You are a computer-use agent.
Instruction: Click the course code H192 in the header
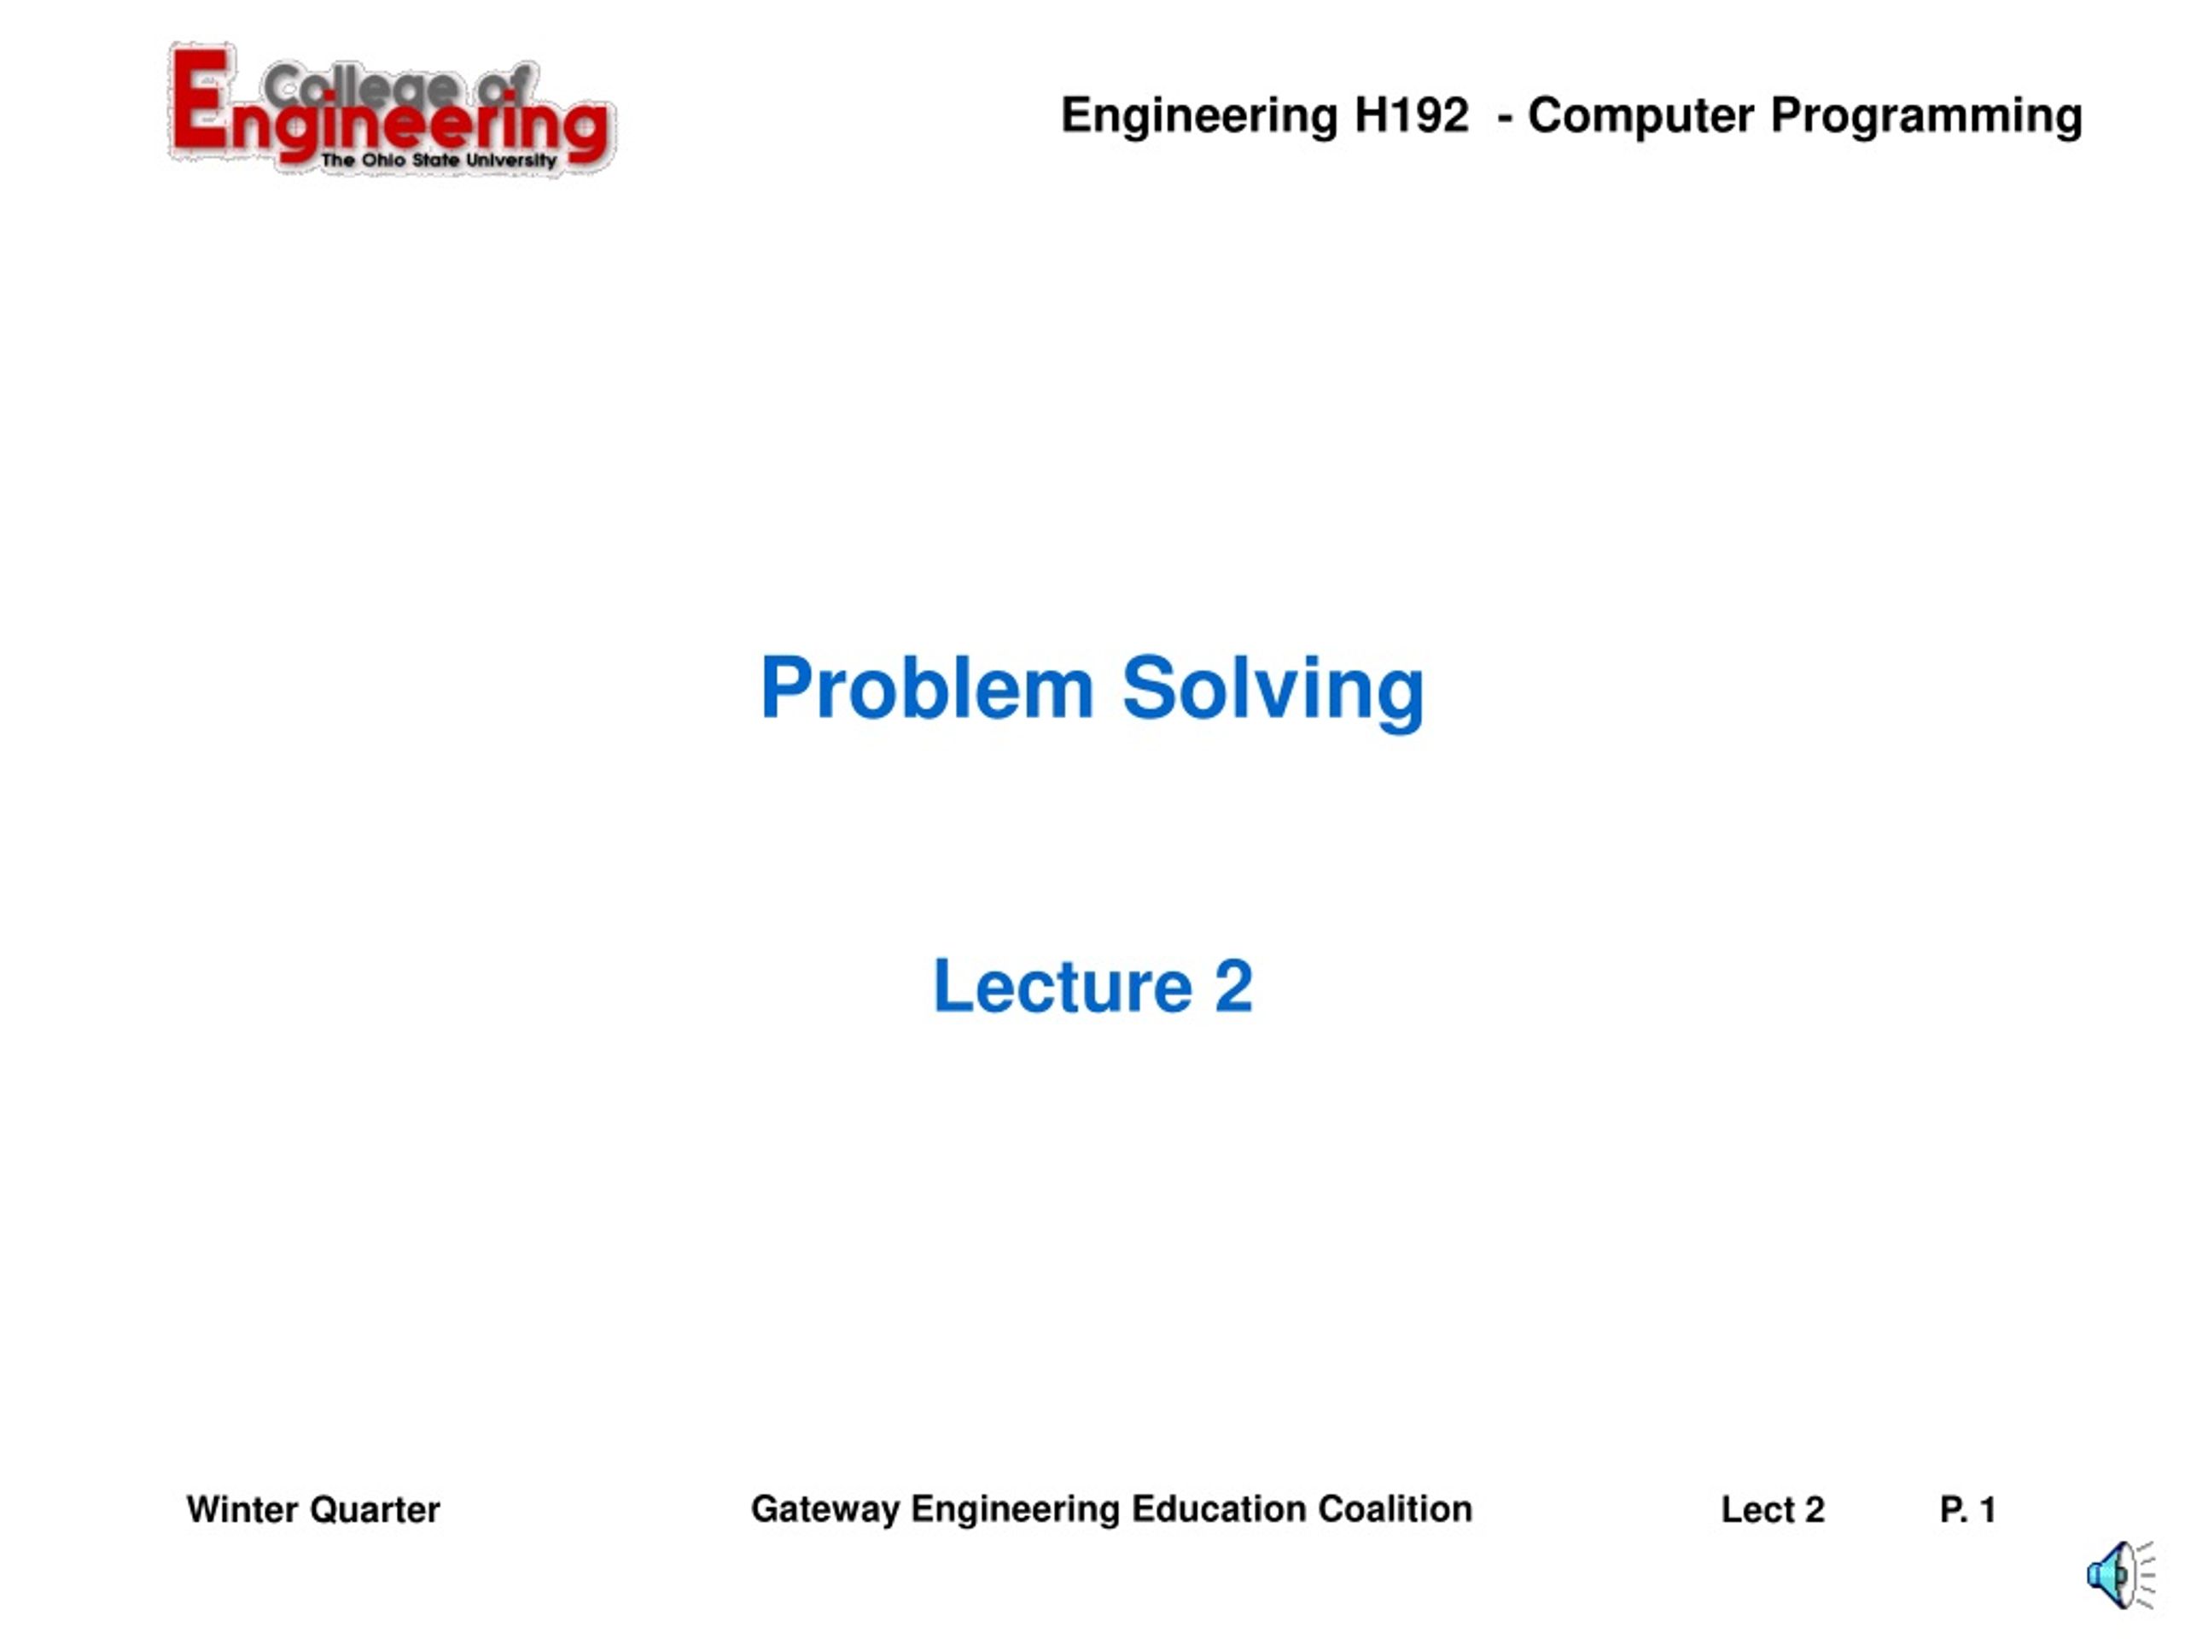click(x=1411, y=115)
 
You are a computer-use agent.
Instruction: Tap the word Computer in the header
click(x=1640, y=115)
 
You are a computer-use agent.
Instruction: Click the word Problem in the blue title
click(x=927, y=689)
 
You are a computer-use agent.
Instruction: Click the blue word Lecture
click(x=1062, y=986)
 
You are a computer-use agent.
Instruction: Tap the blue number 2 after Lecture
click(x=1233, y=986)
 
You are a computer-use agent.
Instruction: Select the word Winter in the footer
click(x=242, y=1509)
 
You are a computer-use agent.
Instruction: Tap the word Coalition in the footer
click(x=1395, y=1509)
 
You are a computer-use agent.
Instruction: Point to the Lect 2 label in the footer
click(x=1772, y=1509)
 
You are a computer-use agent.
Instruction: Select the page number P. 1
click(x=1967, y=1509)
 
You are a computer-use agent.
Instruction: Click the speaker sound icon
click(x=2118, y=1575)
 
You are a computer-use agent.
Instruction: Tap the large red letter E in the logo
click(x=201, y=99)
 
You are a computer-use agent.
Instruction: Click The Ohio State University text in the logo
click(x=439, y=160)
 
